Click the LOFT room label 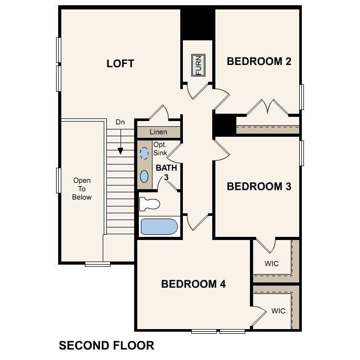(120, 64)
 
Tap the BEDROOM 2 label (259, 61)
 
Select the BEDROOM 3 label (259, 187)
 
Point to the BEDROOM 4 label (193, 284)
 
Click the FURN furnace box (198, 65)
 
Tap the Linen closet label (158, 132)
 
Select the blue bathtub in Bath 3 (159, 227)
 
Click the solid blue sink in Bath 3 (144, 176)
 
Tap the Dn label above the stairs (120, 122)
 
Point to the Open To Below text (82, 189)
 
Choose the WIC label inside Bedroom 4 (278, 311)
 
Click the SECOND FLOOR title (106, 346)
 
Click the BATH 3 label (167, 172)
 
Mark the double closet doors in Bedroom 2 (267, 107)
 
